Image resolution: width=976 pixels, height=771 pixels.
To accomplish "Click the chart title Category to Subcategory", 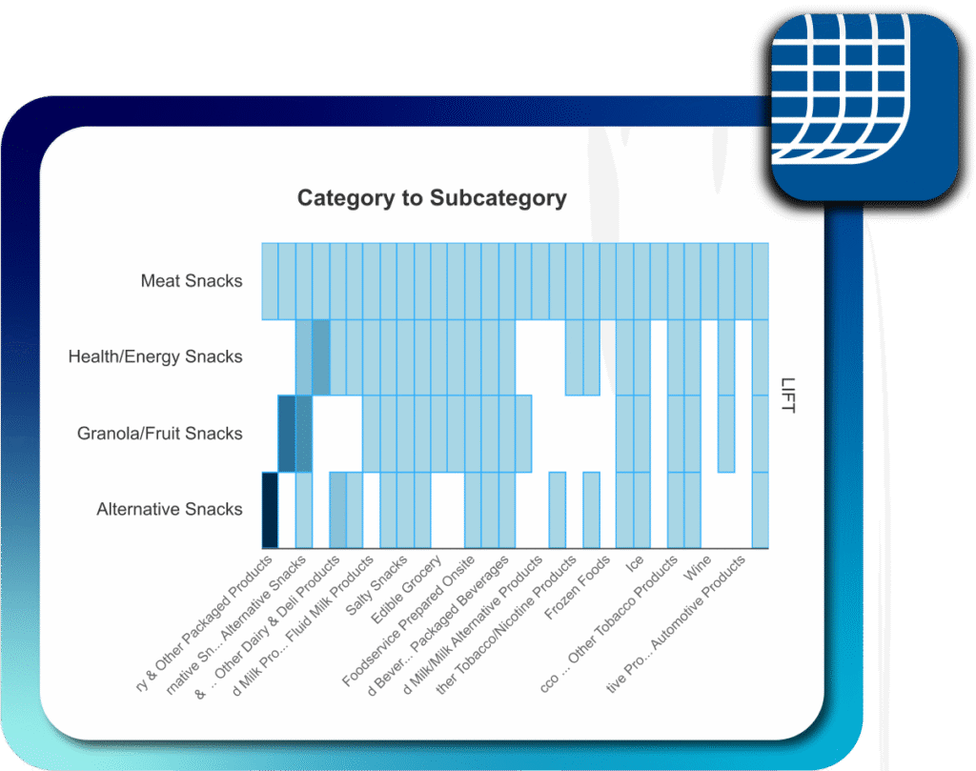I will coord(432,198).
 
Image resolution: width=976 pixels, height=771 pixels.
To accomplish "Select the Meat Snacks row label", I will coord(192,281).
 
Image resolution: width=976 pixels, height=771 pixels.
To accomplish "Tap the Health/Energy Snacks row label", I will coord(155,357).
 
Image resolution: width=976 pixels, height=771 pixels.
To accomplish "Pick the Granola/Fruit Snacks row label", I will coord(160,434).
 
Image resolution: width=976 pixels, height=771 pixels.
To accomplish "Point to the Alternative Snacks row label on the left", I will coord(170,510).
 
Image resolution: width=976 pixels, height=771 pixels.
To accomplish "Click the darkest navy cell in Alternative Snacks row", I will coord(270,510).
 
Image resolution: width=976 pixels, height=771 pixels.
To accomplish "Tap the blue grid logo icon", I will coord(864,107).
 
